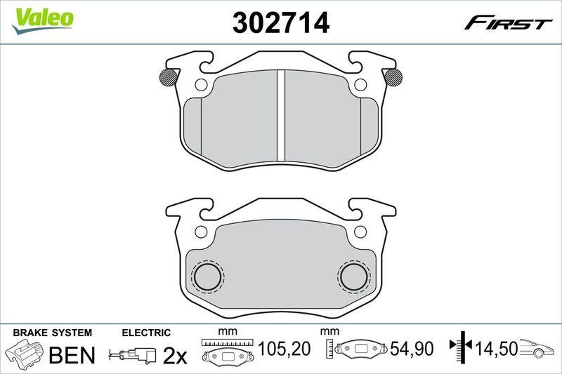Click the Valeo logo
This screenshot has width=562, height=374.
[41, 18]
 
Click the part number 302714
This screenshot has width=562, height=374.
[280, 23]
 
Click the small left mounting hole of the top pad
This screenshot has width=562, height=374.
[200, 86]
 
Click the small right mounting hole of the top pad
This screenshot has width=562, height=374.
[361, 86]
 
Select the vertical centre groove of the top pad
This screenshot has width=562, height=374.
[280, 115]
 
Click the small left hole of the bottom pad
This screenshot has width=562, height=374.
[200, 231]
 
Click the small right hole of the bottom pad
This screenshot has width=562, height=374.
[361, 231]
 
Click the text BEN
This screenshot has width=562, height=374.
[71, 354]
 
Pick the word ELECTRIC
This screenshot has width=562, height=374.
[146, 333]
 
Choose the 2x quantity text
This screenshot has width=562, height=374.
[174, 356]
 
